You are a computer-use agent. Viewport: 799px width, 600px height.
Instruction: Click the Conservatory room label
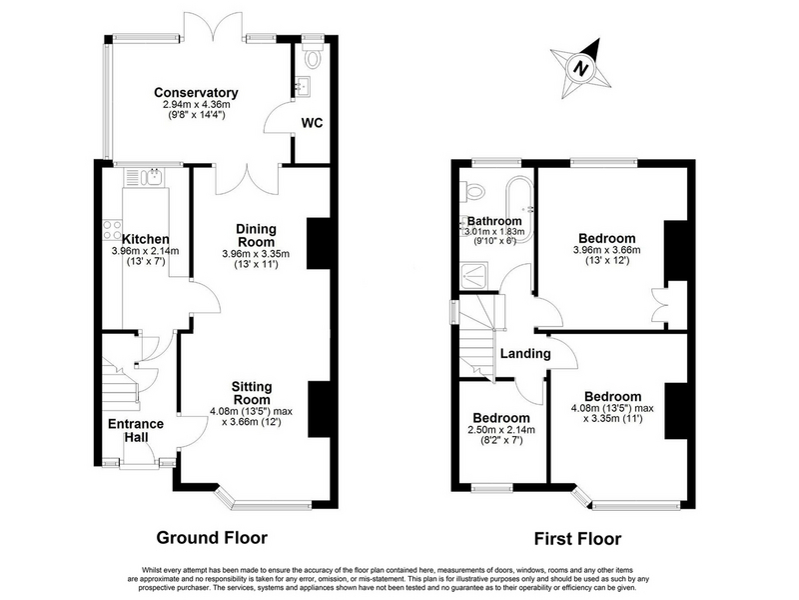[x=196, y=93]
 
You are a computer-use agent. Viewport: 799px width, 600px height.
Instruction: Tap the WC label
[x=312, y=123]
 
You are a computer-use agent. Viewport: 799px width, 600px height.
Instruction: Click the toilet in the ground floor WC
[x=312, y=55]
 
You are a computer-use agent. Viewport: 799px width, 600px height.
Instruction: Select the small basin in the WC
[x=304, y=86]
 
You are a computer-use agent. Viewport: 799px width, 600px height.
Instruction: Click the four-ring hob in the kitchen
[x=112, y=229]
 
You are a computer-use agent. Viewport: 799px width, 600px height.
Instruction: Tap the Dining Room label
[x=256, y=235]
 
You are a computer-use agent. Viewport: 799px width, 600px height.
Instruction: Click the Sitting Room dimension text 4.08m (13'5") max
[x=251, y=411]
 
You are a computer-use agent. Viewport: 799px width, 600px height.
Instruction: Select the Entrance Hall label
[x=136, y=430]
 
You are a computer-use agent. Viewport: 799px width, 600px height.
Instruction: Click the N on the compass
[x=580, y=68]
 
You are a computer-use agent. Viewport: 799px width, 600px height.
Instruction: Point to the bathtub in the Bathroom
[x=519, y=209]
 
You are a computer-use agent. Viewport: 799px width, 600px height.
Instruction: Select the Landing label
[x=525, y=354]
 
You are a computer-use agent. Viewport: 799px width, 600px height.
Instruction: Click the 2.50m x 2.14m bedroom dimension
[x=501, y=430]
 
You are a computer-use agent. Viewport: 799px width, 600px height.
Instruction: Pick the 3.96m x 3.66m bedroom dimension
[x=607, y=250]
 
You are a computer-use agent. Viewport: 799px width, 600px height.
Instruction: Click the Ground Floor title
[x=212, y=537]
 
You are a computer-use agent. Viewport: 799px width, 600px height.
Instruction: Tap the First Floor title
[x=578, y=539]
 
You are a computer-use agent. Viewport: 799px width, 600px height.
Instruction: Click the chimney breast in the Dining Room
[x=319, y=244]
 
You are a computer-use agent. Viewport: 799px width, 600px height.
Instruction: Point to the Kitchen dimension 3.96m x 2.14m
[x=145, y=251]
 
